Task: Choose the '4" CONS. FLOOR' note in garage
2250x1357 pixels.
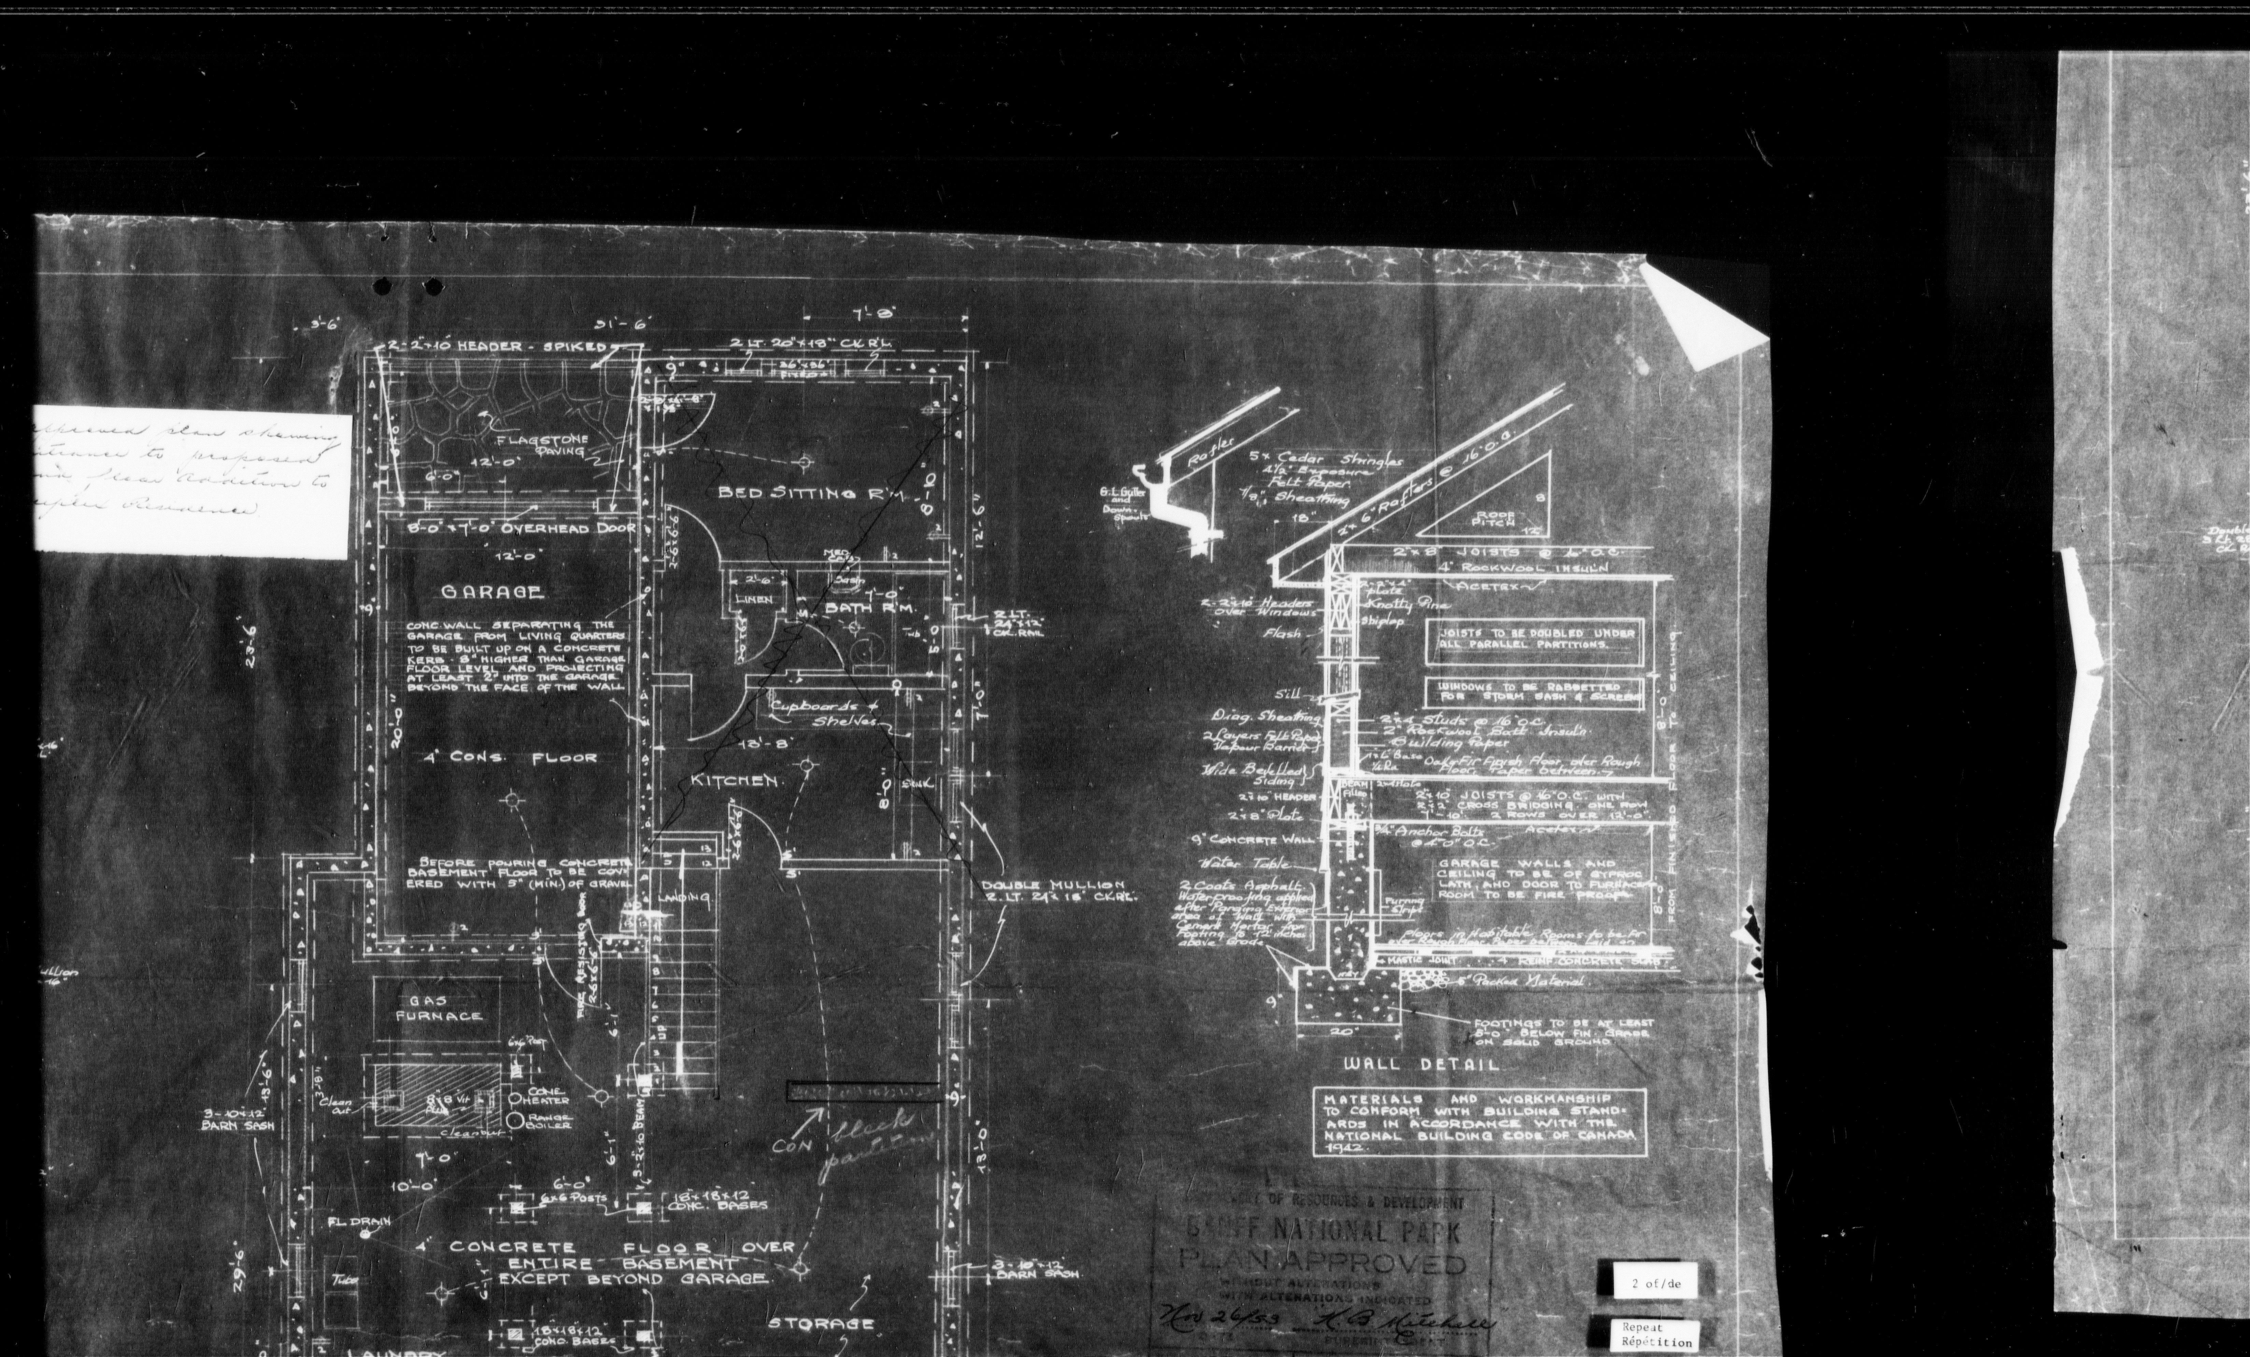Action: tap(511, 758)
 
